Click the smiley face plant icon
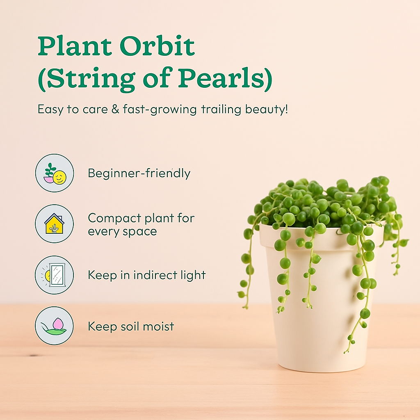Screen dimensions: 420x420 pyautogui.click(x=55, y=173)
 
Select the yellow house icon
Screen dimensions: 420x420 pyautogui.click(x=55, y=224)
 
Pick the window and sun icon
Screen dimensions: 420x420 pyautogui.click(x=55, y=275)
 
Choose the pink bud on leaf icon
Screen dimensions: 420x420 pyautogui.click(x=55, y=326)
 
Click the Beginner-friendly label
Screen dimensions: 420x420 pyautogui.click(x=139, y=173)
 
